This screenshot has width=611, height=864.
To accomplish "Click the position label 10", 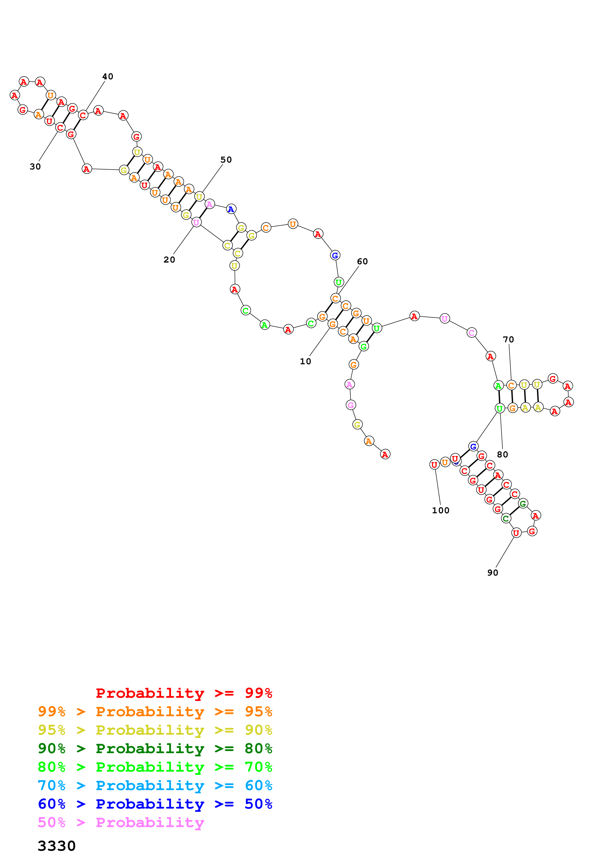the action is tap(305, 362).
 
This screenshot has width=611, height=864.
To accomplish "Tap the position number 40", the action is tap(108, 76).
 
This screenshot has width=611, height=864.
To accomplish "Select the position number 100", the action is tap(440, 510).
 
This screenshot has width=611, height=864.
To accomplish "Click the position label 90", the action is tap(492, 573).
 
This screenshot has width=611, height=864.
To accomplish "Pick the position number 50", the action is tap(226, 160).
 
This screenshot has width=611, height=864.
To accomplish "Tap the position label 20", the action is tap(169, 260).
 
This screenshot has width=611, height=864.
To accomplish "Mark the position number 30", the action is tap(35, 167).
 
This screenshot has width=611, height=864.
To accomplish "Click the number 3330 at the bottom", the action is tap(56, 846).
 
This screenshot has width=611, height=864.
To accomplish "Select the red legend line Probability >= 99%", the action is tap(184, 693).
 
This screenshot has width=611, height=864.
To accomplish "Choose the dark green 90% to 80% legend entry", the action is tap(155, 748).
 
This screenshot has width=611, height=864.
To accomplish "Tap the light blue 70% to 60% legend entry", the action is tap(155, 785).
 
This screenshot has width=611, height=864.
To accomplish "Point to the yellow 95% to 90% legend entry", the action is tap(155, 730).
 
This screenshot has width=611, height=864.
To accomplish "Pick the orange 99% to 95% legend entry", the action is tap(155, 712).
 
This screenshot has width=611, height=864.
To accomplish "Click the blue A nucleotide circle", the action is tap(231, 209).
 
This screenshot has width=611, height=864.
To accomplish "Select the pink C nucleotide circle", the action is tap(471, 333).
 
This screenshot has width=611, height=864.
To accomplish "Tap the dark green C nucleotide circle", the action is tap(506, 518).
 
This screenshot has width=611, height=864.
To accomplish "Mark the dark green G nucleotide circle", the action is tap(523, 503).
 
